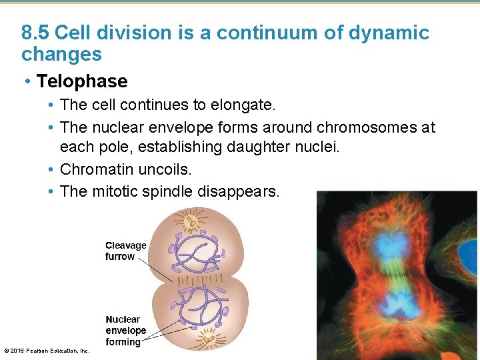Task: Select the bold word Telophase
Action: (81, 81)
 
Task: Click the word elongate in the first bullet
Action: (249, 105)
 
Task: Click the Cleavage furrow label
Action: (125, 251)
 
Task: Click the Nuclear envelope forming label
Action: (125, 331)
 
